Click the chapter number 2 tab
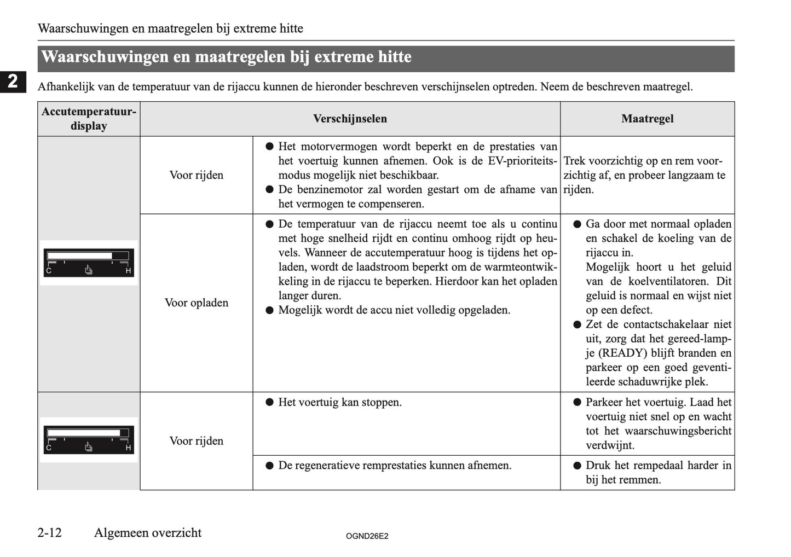pos(13,81)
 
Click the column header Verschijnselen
pos(350,119)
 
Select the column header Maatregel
pos(647,119)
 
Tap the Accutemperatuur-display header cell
pos(89,119)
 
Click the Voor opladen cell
pos(196,303)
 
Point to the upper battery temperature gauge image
pos(89,263)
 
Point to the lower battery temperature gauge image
pos(89,439)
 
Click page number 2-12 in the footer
pos(50,532)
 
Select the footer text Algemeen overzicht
pos(147,532)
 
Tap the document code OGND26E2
pos(367,536)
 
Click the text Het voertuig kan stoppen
pos(339,402)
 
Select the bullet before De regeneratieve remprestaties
pos(269,466)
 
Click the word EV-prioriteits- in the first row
pos(521,161)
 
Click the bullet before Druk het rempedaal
pos(577,466)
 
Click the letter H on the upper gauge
pos(128,270)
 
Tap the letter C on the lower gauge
pos(49,448)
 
